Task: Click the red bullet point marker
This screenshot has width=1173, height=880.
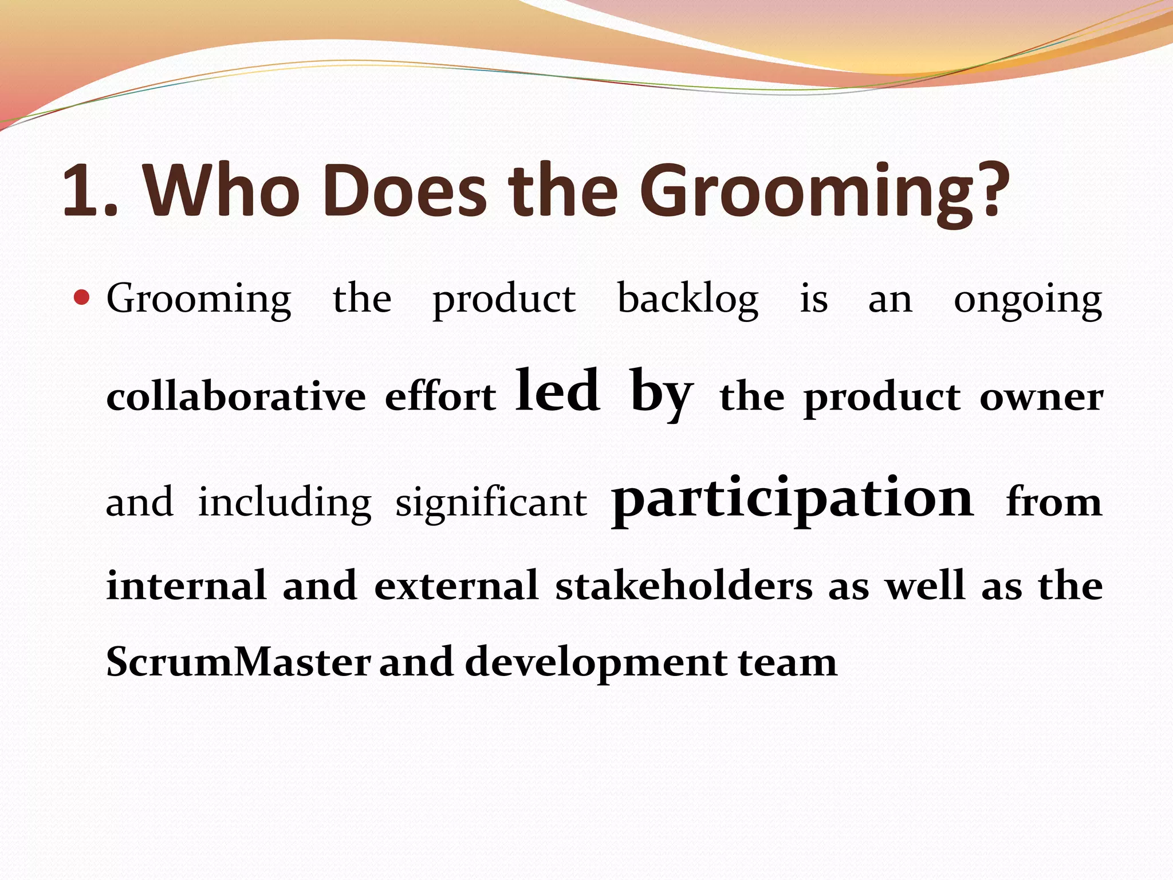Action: coord(82,297)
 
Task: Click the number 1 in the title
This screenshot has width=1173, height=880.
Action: coord(83,190)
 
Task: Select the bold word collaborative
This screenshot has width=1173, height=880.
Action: coord(236,397)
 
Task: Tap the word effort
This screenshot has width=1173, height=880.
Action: coord(440,397)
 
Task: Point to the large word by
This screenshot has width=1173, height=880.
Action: coord(662,393)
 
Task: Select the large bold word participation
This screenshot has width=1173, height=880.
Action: coord(793,499)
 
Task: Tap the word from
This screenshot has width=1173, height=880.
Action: coord(1054,502)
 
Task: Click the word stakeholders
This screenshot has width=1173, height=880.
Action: coord(684,586)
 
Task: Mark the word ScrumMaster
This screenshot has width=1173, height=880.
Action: coord(238,662)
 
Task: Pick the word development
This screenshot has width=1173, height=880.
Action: coord(596,663)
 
